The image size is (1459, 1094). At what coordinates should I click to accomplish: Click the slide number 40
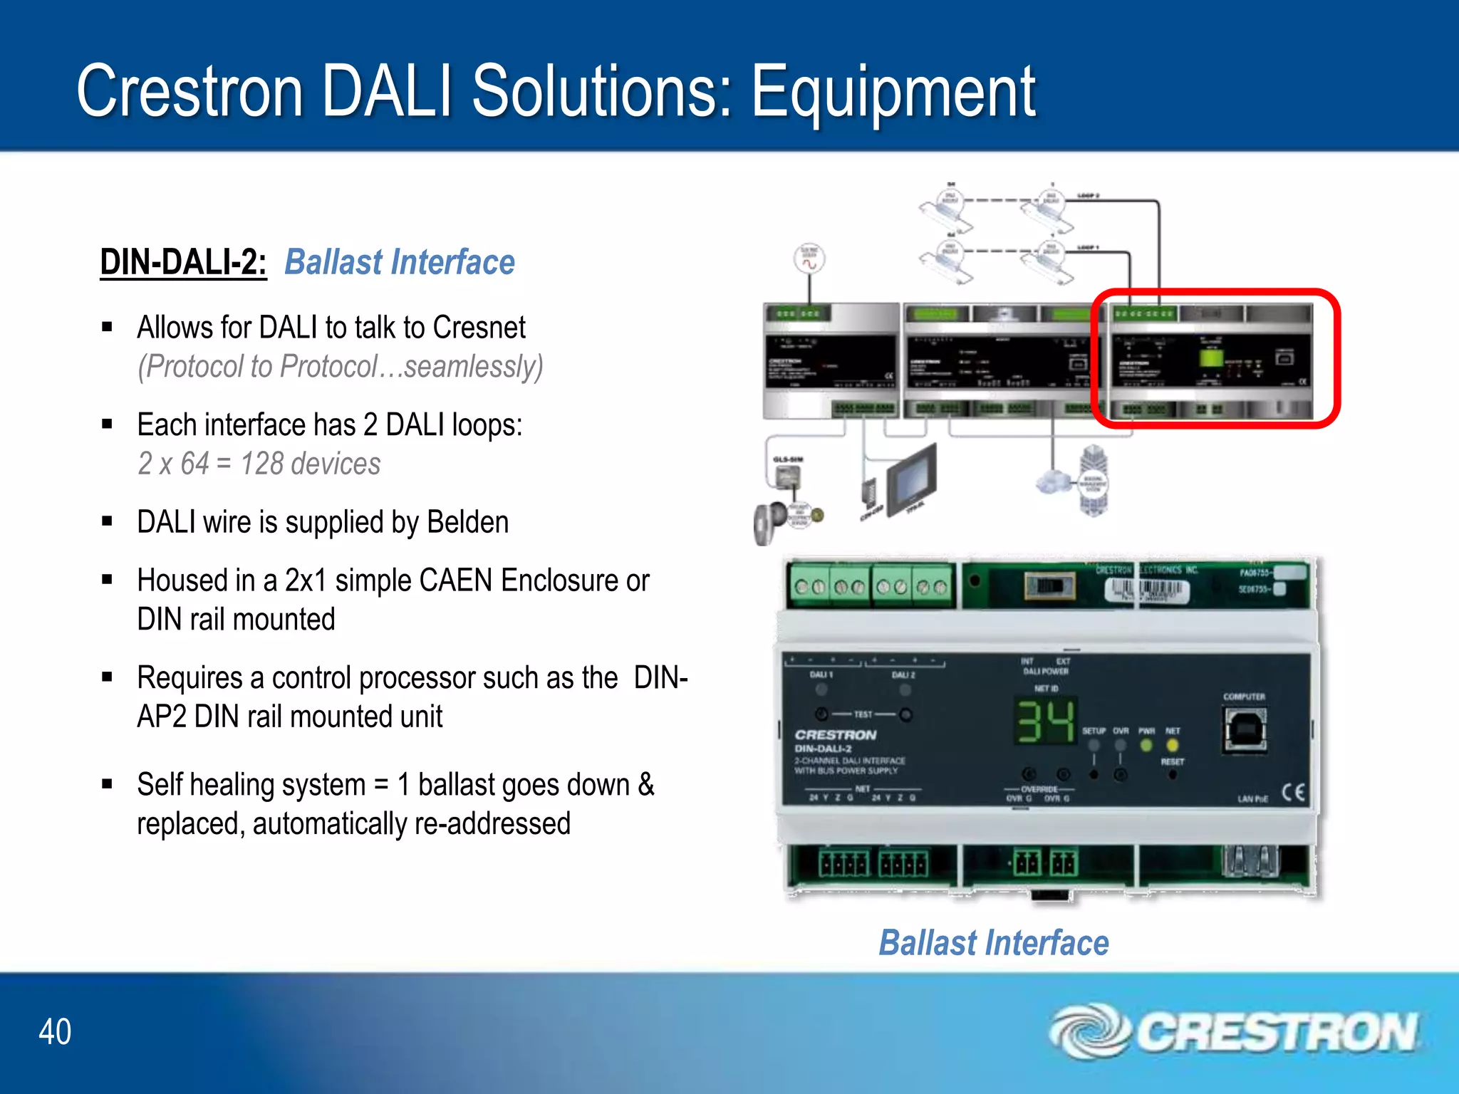55,1031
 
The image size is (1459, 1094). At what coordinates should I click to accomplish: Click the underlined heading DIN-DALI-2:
183,262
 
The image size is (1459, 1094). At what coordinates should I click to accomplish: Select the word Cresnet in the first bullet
479,328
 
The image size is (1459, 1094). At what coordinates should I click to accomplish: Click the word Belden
467,522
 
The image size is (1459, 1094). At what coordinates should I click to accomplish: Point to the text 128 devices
310,464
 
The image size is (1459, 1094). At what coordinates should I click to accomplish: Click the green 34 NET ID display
1045,721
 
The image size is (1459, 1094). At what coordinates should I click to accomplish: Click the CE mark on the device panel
1293,792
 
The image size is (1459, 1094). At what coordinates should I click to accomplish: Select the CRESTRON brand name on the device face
836,734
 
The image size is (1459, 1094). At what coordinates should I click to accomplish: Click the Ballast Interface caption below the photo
993,943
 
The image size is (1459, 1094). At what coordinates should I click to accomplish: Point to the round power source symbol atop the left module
809,259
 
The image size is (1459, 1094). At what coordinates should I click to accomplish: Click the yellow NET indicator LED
1172,746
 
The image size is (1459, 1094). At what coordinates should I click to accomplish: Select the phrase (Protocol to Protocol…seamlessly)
341,367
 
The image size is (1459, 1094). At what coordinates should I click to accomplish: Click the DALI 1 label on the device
821,674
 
